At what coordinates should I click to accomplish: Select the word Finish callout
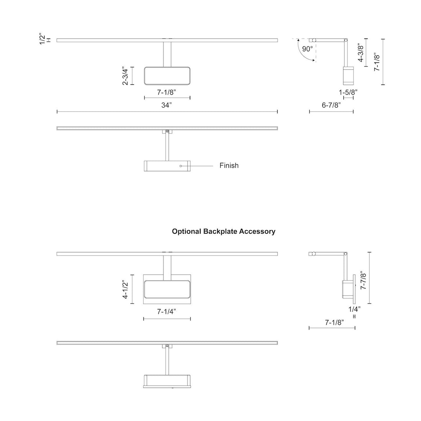click(229, 165)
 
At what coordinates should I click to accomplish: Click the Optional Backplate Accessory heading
click(224, 231)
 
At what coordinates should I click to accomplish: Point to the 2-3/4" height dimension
click(125, 76)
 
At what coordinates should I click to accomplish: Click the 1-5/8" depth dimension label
click(348, 92)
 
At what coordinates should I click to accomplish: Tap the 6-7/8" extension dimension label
click(331, 105)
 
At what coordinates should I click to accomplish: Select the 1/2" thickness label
click(42, 39)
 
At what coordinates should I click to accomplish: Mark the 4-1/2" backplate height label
click(125, 289)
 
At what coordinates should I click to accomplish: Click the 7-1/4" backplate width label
click(166, 312)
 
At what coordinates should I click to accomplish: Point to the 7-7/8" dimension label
click(364, 281)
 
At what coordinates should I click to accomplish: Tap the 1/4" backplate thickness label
click(354, 308)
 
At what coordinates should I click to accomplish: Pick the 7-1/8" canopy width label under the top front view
click(166, 92)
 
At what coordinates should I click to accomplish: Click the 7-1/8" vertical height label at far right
click(377, 62)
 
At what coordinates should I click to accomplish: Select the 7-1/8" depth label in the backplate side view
click(335, 322)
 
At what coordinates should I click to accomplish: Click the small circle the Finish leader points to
click(181, 166)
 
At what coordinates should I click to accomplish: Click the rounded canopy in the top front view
click(167, 76)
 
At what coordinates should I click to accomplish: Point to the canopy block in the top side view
click(348, 75)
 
